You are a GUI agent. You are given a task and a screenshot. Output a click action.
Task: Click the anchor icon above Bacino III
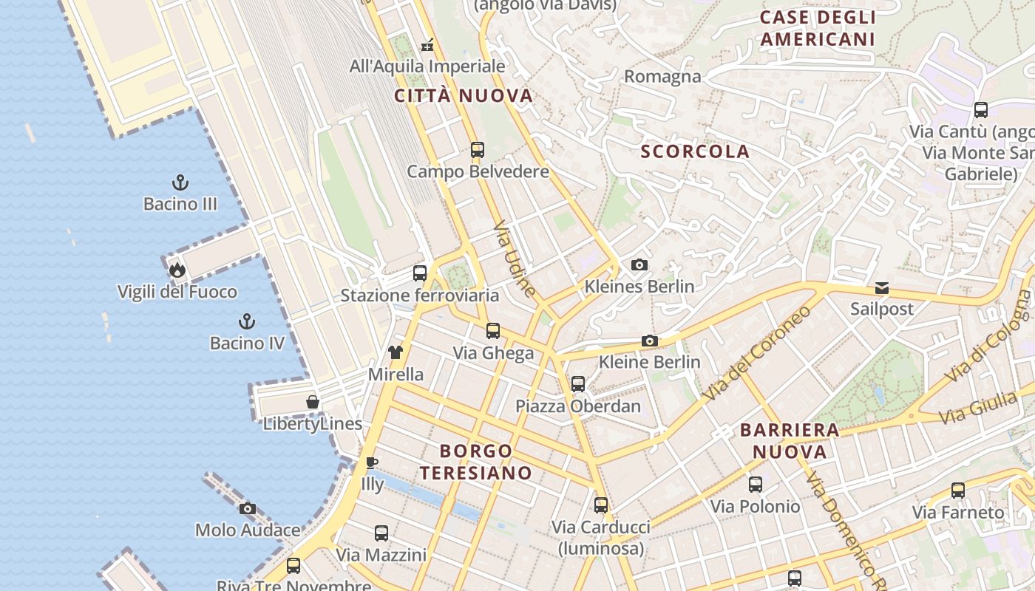[x=180, y=182]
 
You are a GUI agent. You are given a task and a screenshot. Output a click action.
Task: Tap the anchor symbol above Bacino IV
[x=247, y=321]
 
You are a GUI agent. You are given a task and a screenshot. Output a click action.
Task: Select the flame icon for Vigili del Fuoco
[x=177, y=270]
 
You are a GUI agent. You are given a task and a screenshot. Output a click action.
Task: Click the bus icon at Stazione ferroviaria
[x=420, y=273]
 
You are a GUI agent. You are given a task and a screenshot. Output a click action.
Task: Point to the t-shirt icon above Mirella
[x=396, y=352]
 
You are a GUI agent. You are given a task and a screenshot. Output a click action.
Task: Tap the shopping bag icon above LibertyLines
[x=313, y=402]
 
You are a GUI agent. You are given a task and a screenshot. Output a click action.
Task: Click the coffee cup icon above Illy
[x=372, y=463]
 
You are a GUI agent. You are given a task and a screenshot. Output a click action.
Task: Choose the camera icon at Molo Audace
[x=248, y=508]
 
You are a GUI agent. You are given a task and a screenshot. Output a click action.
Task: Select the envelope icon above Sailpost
[x=882, y=287]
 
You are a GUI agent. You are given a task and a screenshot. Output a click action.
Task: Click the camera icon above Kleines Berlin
[x=639, y=264]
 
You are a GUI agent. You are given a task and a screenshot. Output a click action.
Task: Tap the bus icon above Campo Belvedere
[x=478, y=150]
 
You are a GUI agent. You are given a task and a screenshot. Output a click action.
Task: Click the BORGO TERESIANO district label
[x=476, y=462]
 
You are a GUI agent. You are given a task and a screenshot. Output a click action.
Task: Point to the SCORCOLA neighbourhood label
[x=695, y=151]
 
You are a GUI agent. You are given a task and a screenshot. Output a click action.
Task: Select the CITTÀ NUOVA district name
[x=464, y=95]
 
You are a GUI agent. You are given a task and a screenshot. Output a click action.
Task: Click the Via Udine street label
[x=515, y=258]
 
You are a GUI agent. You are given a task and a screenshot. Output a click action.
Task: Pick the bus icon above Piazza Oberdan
[x=578, y=384]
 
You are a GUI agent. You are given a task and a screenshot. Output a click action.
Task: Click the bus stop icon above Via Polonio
[x=755, y=485]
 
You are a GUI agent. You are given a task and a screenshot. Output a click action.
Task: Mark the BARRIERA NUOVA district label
[x=790, y=440]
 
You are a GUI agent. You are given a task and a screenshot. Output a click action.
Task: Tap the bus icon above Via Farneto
[x=958, y=491]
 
